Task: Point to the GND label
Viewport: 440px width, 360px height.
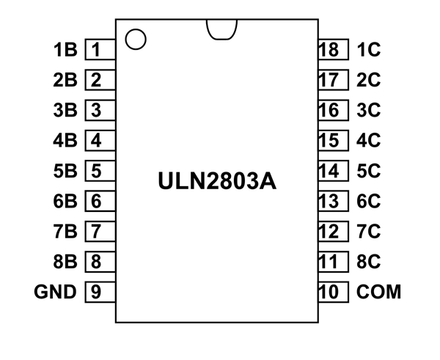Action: tap(55, 292)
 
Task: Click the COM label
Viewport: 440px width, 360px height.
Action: tap(379, 292)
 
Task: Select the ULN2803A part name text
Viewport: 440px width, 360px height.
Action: tap(217, 180)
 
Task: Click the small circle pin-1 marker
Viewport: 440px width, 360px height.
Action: tap(136, 38)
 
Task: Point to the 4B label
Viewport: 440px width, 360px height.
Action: tap(65, 141)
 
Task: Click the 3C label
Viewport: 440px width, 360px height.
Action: tap(369, 111)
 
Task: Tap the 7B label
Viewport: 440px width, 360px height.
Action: tap(65, 232)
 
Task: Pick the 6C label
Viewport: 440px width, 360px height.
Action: tap(369, 201)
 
